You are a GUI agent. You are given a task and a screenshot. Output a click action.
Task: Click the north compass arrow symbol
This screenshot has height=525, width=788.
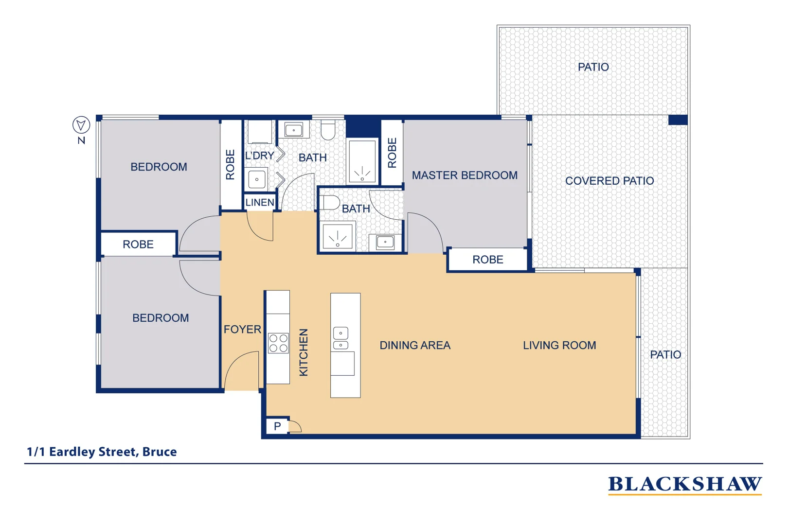pyautogui.click(x=81, y=125)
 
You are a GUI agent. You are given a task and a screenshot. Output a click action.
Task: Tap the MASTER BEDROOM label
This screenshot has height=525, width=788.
pyautogui.click(x=465, y=175)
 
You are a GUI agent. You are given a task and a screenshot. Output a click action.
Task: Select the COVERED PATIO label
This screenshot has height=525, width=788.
pyautogui.click(x=609, y=181)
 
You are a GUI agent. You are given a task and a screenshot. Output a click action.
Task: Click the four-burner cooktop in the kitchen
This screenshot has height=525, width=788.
pyautogui.click(x=278, y=343)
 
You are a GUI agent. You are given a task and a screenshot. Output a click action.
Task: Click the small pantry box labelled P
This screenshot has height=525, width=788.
pyautogui.click(x=277, y=426)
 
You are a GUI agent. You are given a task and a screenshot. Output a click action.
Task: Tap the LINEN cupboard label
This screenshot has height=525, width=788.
pyautogui.click(x=260, y=202)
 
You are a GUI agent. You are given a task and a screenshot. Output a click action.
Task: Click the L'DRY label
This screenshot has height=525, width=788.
pyautogui.click(x=259, y=156)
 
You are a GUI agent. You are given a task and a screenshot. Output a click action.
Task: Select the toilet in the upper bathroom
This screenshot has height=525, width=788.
pyautogui.click(x=328, y=130)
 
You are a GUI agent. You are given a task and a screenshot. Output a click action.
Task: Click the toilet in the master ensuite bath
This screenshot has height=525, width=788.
pyautogui.click(x=330, y=203)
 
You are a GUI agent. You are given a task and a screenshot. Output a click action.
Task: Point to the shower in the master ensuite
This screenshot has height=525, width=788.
pyautogui.click(x=338, y=237)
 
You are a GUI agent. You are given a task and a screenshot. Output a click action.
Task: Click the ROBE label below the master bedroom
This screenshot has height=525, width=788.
pyautogui.click(x=487, y=260)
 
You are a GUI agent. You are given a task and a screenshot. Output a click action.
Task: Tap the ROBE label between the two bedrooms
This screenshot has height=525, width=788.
pyautogui.click(x=138, y=245)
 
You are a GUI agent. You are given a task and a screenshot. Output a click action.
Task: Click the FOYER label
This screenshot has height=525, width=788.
pyautogui.click(x=242, y=330)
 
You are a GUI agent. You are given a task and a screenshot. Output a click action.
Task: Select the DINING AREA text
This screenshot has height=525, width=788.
pyautogui.click(x=415, y=346)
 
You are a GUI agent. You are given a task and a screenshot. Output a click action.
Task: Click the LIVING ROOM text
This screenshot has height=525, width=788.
pyautogui.click(x=559, y=346)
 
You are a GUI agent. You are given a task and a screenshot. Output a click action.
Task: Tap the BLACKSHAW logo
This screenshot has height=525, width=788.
pyautogui.click(x=684, y=484)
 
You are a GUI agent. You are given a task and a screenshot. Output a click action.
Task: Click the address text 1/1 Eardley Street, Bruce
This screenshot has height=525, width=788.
pyautogui.click(x=102, y=452)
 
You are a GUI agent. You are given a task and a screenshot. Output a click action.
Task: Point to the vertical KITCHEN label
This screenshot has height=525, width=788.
pyautogui.click(x=304, y=352)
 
